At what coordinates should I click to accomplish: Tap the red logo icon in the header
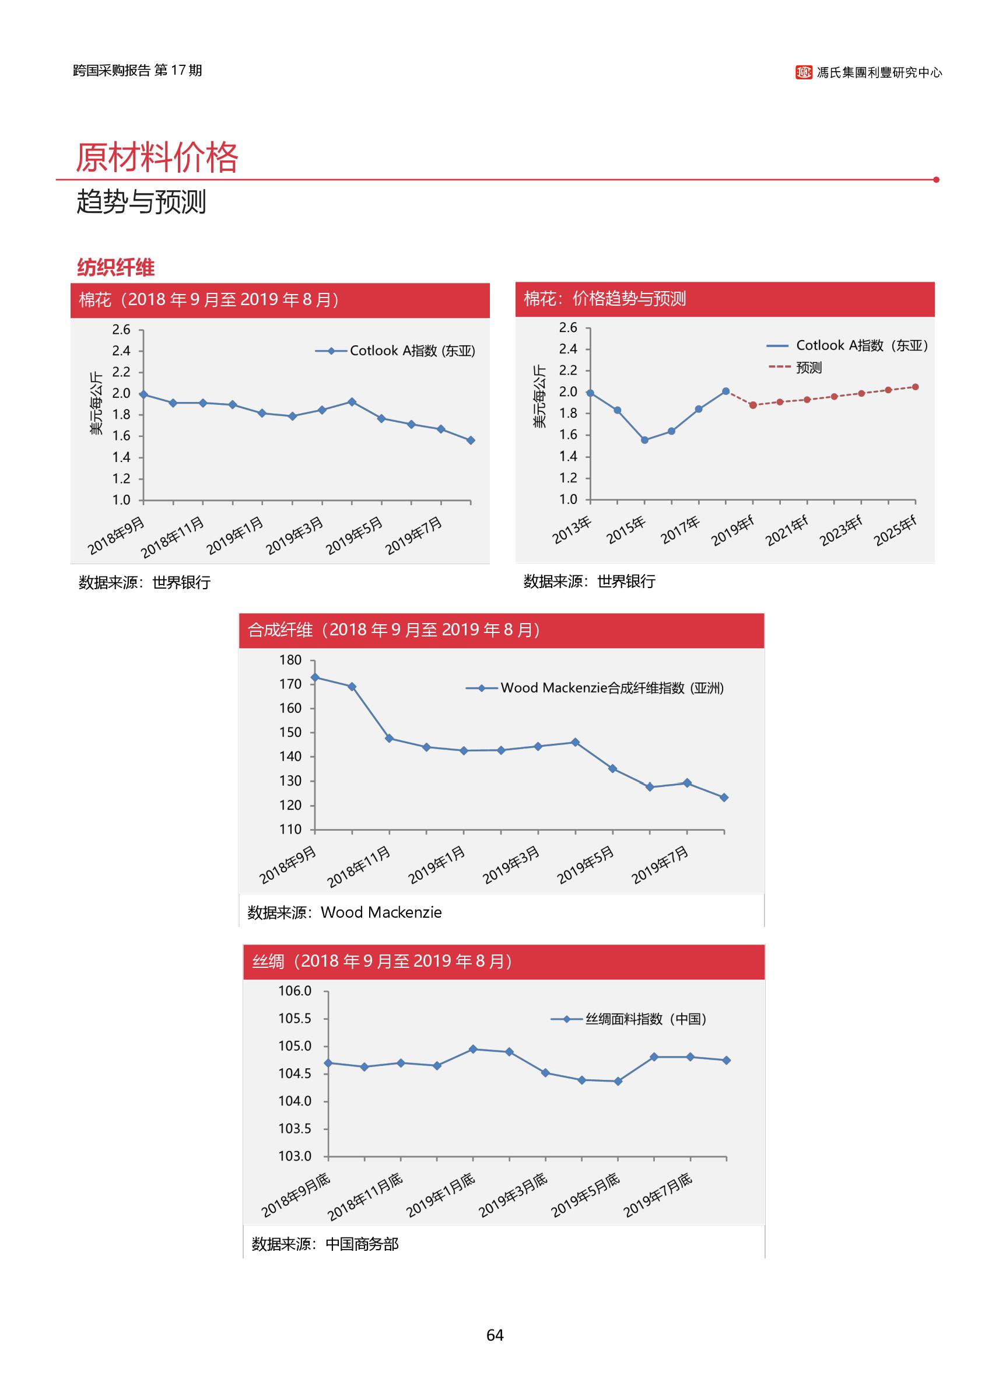tap(803, 73)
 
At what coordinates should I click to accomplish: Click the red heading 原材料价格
tap(156, 157)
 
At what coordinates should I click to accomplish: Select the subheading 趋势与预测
tap(141, 202)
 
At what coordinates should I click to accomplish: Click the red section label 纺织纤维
tap(115, 267)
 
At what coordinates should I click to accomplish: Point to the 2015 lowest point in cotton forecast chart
tap(644, 440)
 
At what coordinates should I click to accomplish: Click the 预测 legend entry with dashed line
tap(795, 367)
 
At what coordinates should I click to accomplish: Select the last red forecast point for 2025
tap(915, 387)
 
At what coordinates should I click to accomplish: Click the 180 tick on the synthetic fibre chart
tap(290, 660)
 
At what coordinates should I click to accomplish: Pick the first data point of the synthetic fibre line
tap(314, 677)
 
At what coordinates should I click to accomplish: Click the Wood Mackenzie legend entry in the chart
tap(595, 688)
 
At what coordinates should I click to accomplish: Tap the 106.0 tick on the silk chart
tap(295, 991)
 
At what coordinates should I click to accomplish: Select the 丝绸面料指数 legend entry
tap(629, 1019)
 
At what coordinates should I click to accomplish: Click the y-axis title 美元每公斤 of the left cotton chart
tap(96, 403)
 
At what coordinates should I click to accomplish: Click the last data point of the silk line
tap(726, 1060)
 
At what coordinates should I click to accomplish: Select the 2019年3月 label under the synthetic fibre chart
tap(511, 865)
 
